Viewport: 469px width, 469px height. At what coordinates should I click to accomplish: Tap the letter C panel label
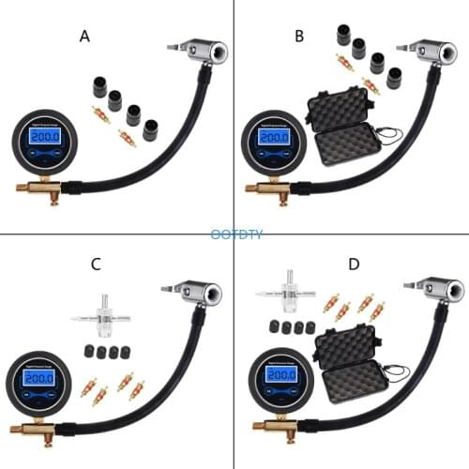click(96, 264)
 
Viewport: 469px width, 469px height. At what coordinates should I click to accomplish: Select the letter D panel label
click(353, 264)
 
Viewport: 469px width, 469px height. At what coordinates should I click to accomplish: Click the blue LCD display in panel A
click(43, 137)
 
